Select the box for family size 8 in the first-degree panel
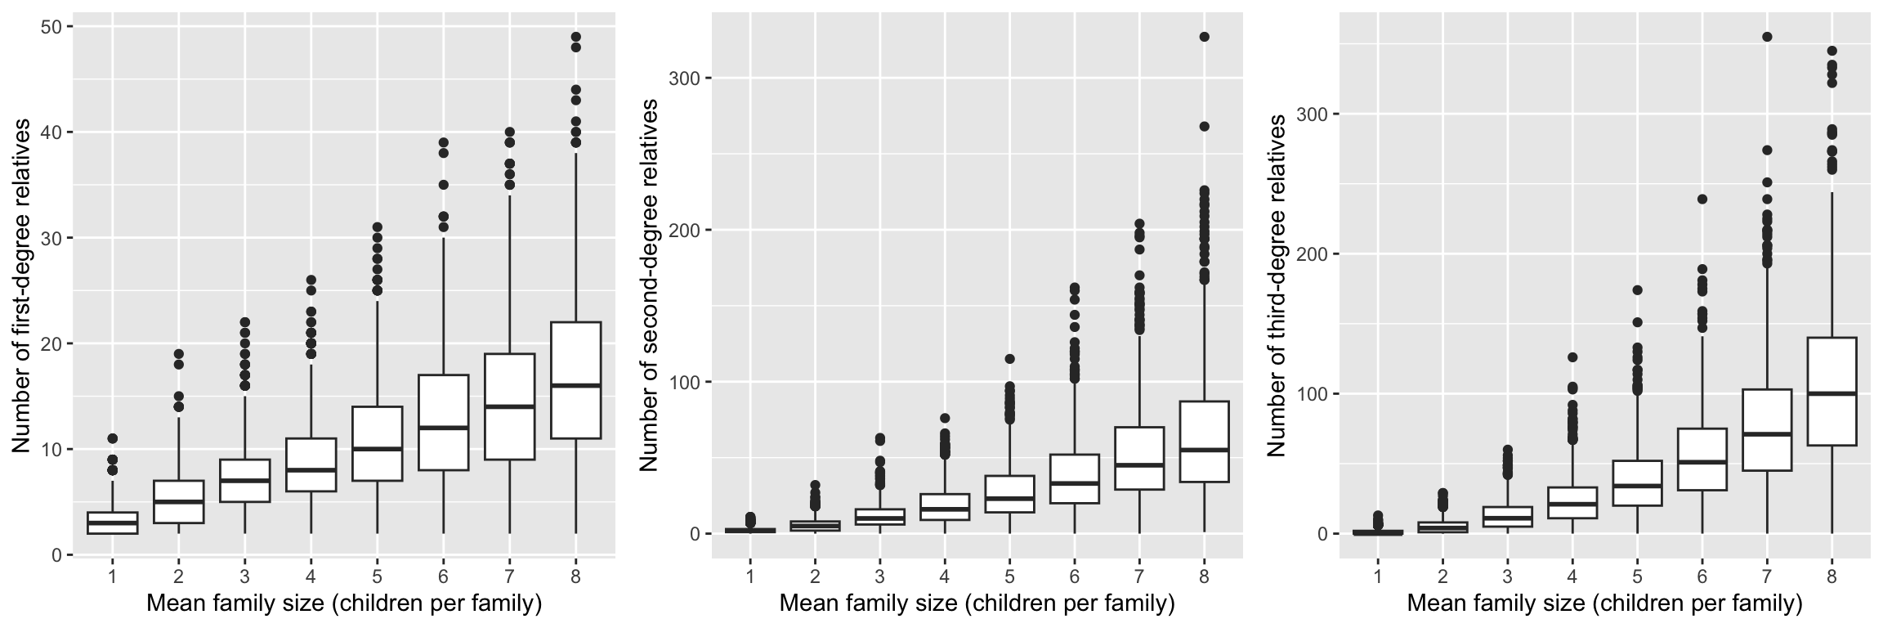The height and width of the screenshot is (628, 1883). click(x=575, y=380)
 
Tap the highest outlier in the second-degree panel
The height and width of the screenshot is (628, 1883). click(x=1204, y=37)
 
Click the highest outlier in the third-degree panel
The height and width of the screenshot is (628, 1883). click(x=1766, y=37)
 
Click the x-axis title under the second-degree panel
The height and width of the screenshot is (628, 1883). click(x=977, y=604)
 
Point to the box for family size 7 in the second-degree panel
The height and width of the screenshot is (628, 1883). click(x=1139, y=458)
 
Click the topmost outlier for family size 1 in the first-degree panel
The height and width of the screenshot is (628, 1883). click(x=113, y=439)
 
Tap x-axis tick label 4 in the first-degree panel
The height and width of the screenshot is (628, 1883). click(x=311, y=576)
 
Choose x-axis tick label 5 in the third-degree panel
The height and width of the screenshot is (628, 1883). click(x=1637, y=576)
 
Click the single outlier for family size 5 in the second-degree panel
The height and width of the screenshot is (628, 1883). click(x=1009, y=359)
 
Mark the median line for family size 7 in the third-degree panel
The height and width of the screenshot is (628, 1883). click(x=1766, y=433)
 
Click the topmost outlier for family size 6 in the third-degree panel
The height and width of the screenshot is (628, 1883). click(x=1702, y=199)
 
